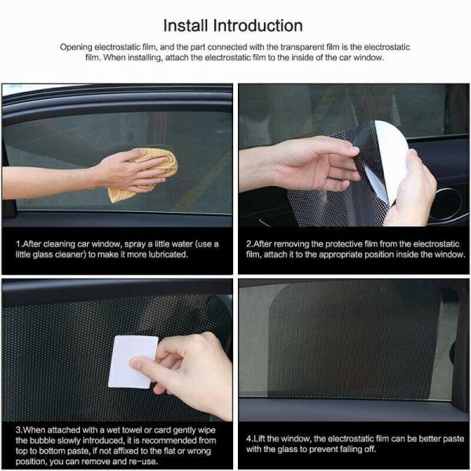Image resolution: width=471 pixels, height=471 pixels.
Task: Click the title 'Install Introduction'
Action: tap(235, 26)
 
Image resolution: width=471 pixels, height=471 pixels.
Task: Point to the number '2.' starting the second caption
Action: tap(249, 244)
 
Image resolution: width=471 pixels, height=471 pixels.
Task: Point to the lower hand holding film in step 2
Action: tap(412, 192)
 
